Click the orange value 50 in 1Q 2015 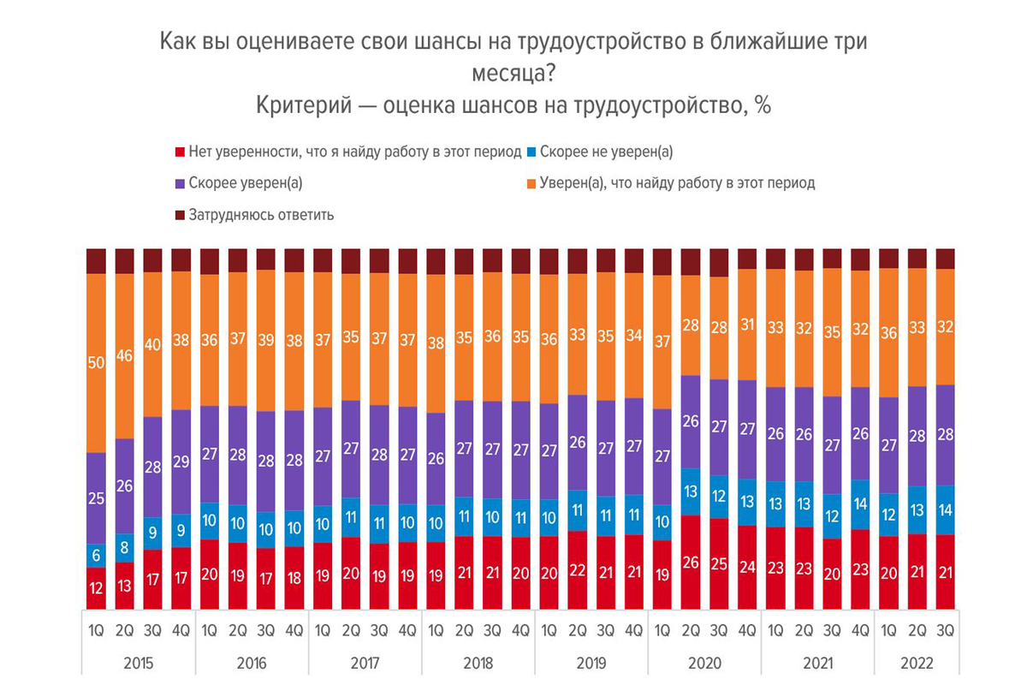coord(96,364)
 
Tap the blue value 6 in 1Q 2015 coord(96,555)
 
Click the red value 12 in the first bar coord(96,589)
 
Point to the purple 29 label coord(181,462)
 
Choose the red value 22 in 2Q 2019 coord(578,570)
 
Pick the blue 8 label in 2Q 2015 coord(124,546)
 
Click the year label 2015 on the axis coord(138,664)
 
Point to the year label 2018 coord(478,664)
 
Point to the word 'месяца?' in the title coord(513,74)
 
